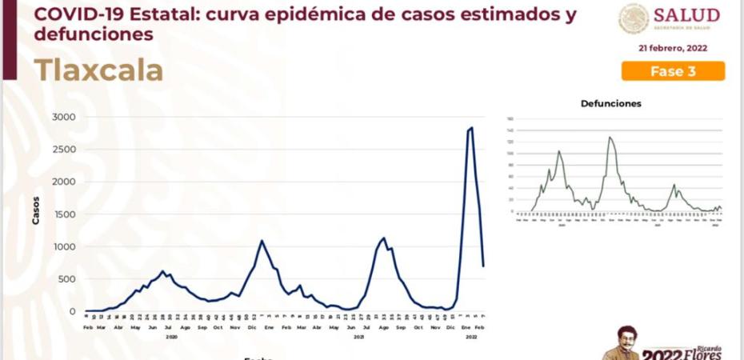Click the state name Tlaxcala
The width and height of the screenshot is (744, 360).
(x=98, y=70)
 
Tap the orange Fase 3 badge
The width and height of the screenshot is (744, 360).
(x=673, y=71)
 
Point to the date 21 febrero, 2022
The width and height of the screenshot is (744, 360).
(x=672, y=48)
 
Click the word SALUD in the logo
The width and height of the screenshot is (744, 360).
(x=686, y=16)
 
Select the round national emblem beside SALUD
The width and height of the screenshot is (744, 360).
(x=634, y=18)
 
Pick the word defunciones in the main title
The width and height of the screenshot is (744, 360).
(x=94, y=35)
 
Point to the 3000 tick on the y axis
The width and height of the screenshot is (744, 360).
(x=64, y=118)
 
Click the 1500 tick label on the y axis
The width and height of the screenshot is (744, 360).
(x=64, y=214)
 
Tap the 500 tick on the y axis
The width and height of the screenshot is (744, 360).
(x=67, y=279)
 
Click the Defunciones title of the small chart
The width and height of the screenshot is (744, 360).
(x=610, y=103)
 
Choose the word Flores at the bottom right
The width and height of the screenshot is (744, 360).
(x=704, y=354)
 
